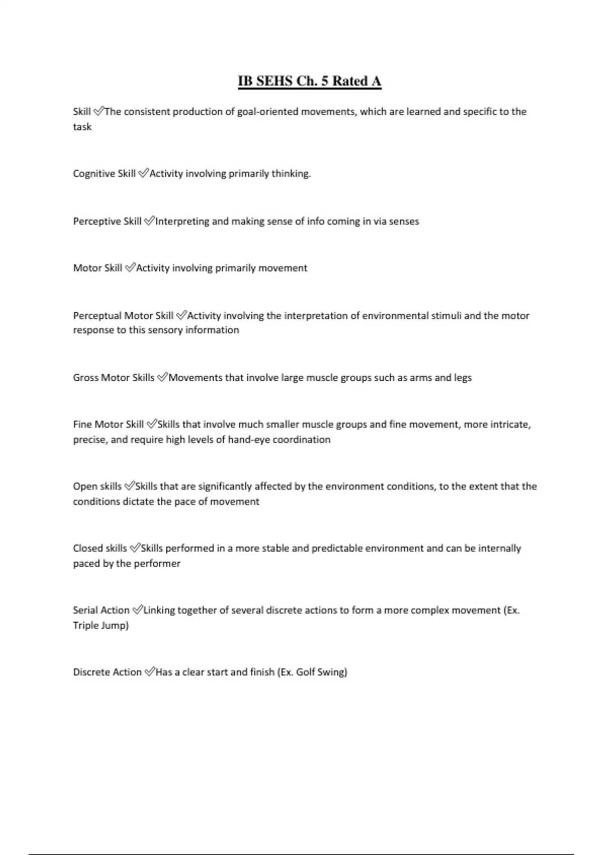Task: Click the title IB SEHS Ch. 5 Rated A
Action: click(310, 81)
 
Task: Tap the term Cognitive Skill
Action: click(104, 174)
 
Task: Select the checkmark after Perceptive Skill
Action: click(149, 221)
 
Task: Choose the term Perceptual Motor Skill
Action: click(123, 316)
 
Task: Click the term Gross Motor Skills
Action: click(114, 378)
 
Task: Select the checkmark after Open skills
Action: click(129, 486)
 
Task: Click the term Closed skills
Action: click(100, 548)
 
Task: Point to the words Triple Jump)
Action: click(100, 625)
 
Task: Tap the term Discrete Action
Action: click(107, 672)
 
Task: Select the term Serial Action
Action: click(101, 610)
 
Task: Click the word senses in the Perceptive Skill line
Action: click(404, 221)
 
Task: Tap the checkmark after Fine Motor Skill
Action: click(151, 424)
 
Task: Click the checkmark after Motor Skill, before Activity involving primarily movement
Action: click(130, 268)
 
